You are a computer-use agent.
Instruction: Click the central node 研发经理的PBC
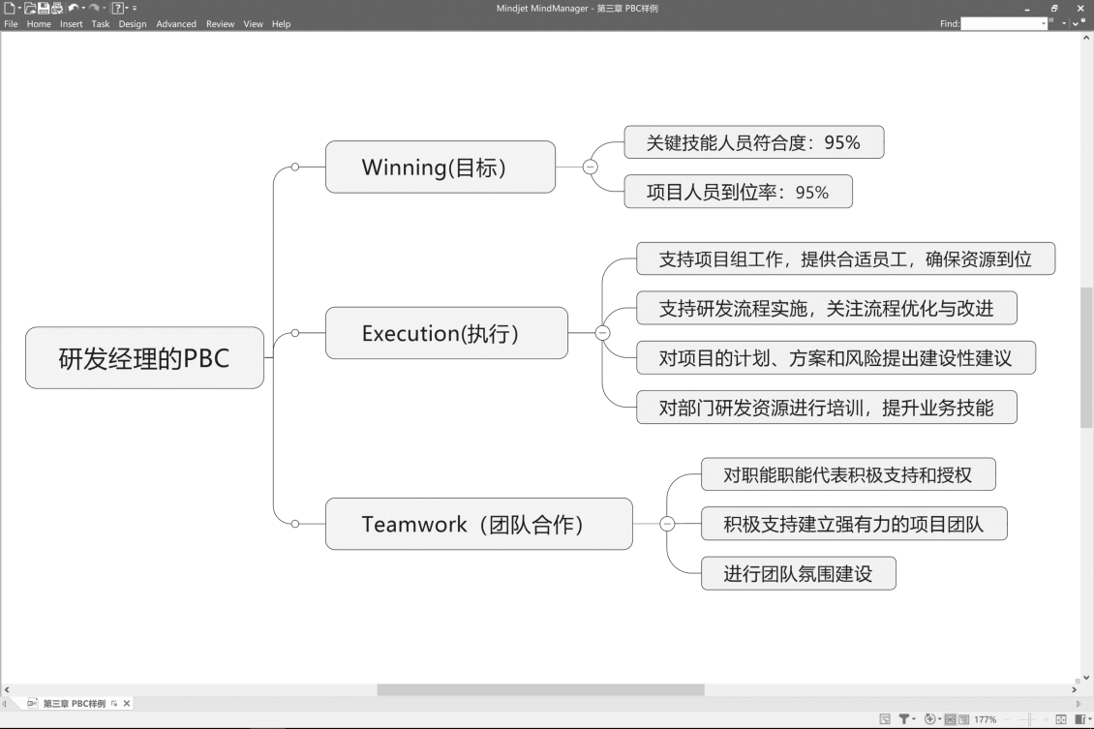144,358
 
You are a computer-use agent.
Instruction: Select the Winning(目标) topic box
441,167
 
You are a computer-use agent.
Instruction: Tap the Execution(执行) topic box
446,333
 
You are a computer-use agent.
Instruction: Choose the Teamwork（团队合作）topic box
478,524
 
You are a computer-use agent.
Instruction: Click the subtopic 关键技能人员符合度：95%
753,142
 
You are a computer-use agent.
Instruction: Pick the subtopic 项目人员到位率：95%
738,192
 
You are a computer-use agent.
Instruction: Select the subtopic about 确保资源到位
844,258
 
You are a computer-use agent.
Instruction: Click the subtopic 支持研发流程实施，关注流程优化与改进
826,308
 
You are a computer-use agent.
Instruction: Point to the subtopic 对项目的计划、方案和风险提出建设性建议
835,358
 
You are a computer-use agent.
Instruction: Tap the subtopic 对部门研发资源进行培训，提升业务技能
826,408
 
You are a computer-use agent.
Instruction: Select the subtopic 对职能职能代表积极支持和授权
847,474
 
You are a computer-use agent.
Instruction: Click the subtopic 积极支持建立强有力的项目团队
853,524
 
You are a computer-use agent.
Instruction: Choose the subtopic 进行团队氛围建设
798,573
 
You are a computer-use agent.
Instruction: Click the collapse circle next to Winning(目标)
591,167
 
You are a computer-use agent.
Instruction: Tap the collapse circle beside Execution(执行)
602,333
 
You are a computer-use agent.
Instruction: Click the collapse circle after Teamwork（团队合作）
667,524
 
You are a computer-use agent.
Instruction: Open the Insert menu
72,24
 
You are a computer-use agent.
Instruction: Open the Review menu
220,24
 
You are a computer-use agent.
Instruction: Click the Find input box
1004,23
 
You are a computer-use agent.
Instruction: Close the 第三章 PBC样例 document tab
127,704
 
